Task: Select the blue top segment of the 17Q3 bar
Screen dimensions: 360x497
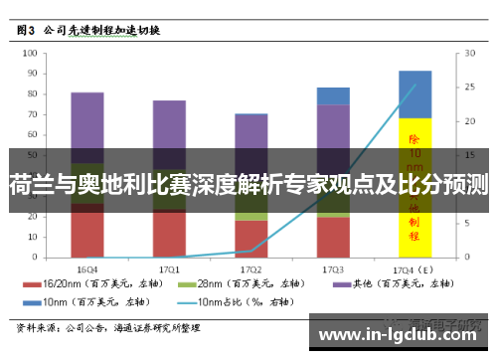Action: pyautogui.click(x=333, y=95)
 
